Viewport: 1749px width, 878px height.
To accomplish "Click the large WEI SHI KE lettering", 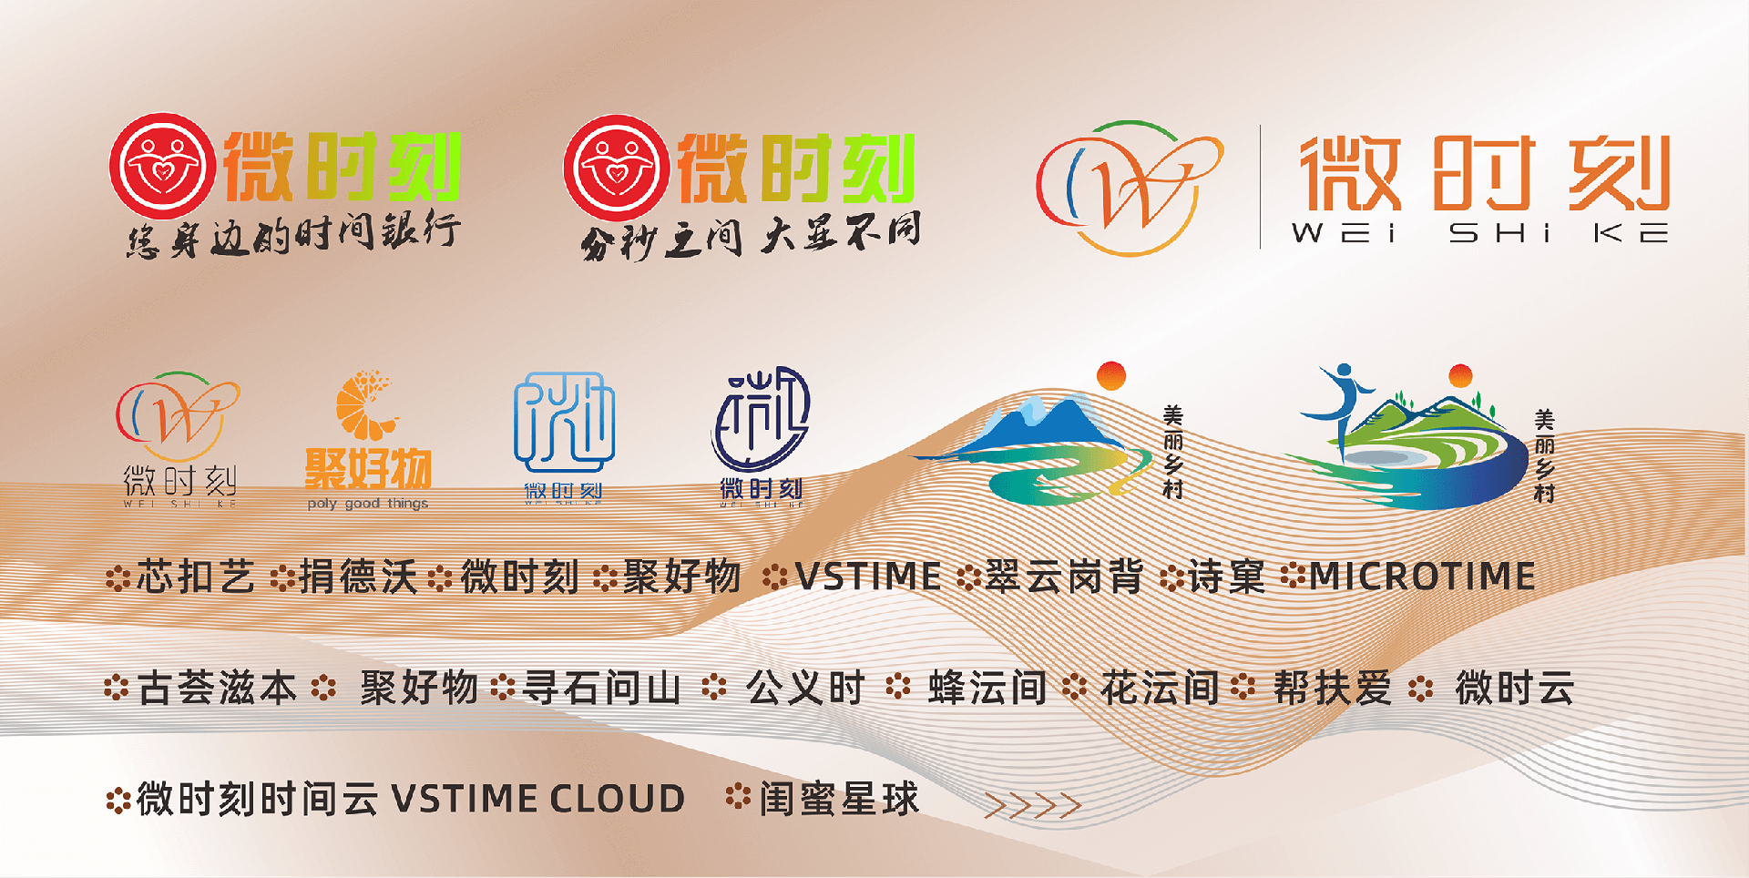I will click(1479, 234).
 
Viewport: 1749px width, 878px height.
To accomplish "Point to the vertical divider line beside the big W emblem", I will click(1261, 187).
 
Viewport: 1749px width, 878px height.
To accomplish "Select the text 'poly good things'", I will click(367, 504).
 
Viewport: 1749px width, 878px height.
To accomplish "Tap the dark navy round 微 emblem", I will click(761, 419).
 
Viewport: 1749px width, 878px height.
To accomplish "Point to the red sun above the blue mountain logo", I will click(1111, 375).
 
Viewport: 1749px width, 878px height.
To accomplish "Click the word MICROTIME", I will click(1422, 577).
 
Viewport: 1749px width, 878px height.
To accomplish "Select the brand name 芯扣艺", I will click(196, 577).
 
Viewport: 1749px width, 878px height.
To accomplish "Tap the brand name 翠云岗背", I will click(1064, 577).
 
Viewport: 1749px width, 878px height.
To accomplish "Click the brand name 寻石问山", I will click(601, 689).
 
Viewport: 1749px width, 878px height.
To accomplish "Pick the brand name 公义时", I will click(805, 689).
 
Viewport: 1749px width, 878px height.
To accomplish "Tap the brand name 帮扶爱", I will click(1332, 689).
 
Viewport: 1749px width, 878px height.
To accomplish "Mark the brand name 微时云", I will click(1514, 689).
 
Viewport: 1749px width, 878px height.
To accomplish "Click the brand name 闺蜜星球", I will click(839, 800).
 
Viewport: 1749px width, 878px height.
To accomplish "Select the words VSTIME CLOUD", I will click(538, 800).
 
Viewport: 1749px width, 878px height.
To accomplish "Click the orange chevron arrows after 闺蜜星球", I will click(1032, 805).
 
